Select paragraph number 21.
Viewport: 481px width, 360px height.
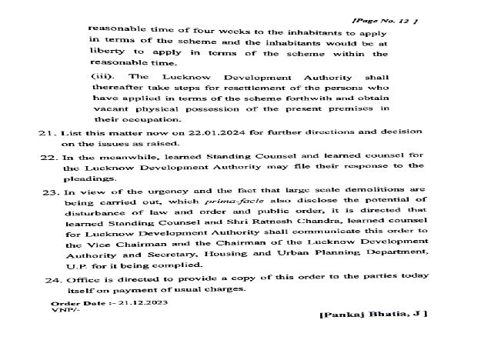(46, 132)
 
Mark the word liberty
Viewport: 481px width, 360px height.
(107, 54)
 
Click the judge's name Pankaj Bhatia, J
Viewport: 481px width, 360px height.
(373, 314)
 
